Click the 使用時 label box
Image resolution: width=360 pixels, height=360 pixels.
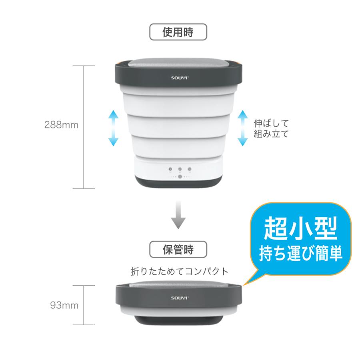click(178, 32)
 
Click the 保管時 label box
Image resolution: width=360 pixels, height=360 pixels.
click(178, 250)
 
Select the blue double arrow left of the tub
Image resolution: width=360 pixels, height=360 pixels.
click(114, 128)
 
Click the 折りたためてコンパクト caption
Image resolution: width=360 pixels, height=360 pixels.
click(180, 272)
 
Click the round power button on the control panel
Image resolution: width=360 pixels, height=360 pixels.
click(180, 176)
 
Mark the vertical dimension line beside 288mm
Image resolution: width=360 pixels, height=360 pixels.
click(84, 127)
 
